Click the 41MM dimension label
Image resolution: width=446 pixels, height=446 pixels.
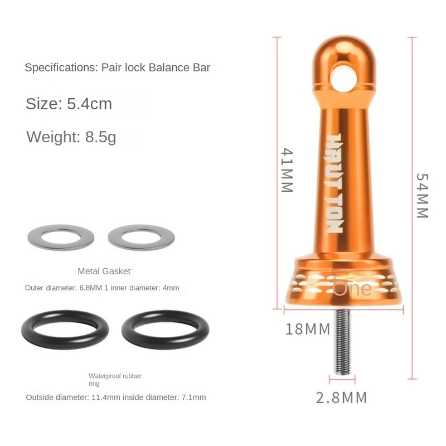pos(287,170)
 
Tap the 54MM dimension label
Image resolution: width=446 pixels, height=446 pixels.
pos(422,195)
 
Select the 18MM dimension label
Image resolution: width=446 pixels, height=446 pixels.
pos(308,329)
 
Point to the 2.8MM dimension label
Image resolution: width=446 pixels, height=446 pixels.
pos(341,397)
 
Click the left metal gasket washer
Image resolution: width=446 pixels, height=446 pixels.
pos(61,237)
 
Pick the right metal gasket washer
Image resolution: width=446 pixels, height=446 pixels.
pos(141,237)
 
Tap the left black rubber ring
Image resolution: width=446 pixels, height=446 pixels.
pos(65,329)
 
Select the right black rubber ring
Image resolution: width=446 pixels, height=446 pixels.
pos(165,329)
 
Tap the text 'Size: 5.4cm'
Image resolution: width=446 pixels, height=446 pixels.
pos(69,104)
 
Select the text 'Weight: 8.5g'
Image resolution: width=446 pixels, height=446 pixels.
pos(71,137)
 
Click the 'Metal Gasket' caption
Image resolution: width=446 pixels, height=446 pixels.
pos(104,272)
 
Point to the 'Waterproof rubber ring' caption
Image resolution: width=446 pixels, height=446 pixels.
pos(115,380)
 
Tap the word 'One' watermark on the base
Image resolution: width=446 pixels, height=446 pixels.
pos(352,288)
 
